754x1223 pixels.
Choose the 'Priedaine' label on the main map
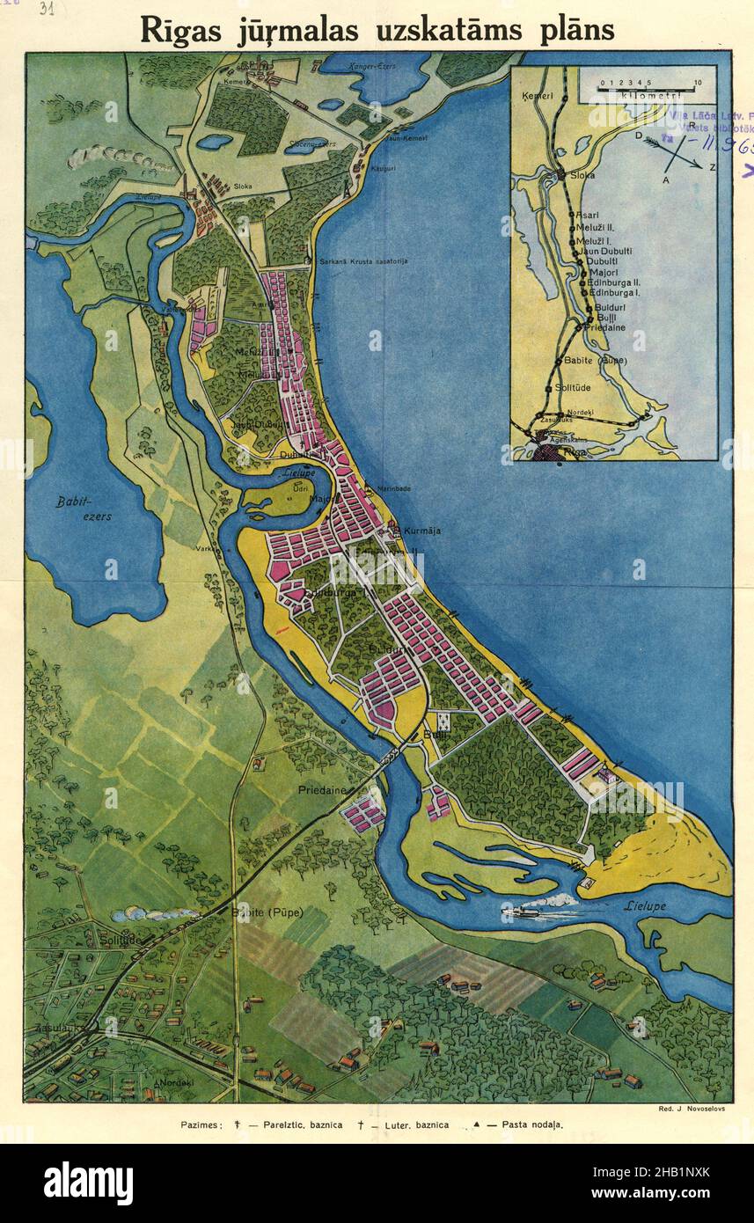pyautogui.click(x=322, y=791)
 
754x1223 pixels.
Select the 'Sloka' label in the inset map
pyautogui.click(x=582, y=175)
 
